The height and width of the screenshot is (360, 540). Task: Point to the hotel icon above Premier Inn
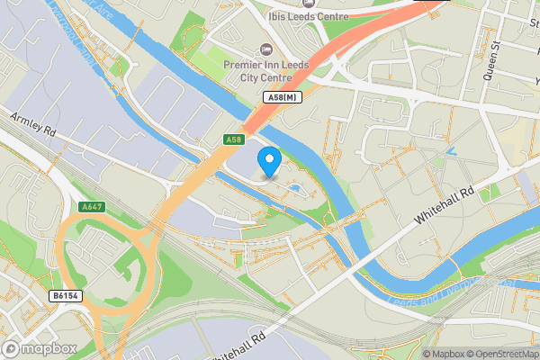point(265,48)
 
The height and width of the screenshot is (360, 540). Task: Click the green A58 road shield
point(233,139)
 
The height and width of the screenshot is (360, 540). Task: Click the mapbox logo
point(40,347)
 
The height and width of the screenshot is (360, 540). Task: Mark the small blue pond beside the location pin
point(294,188)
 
